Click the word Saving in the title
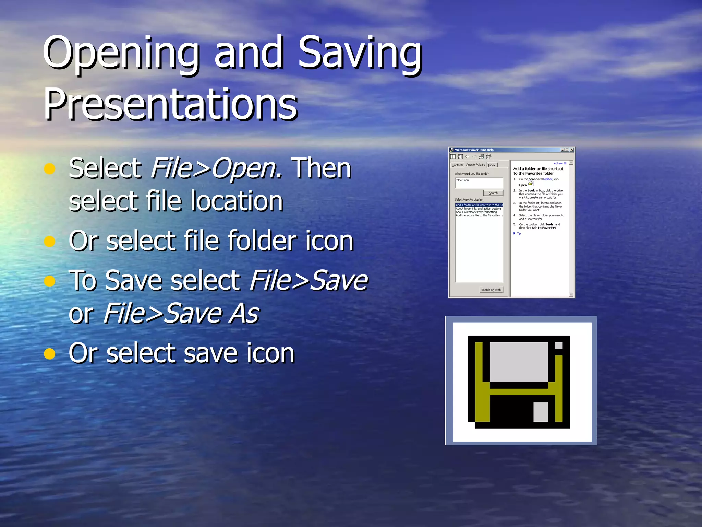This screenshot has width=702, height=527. coord(360,53)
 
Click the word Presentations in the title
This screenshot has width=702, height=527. coord(171,104)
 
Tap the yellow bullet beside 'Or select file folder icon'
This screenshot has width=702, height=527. coord(50,241)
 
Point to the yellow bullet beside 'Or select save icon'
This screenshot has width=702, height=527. coord(50,353)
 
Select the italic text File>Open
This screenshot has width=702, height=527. coord(216,168)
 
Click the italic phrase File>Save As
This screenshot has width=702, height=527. coord(181,313)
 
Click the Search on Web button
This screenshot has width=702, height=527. coord(491,290)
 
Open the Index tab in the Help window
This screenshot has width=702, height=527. coord(492,165)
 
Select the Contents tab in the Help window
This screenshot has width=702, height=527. coord(457,165)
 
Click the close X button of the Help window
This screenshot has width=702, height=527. coord(572,150)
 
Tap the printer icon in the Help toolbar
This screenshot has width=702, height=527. coord(481,157)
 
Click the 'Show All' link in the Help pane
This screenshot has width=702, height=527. coord(561,164)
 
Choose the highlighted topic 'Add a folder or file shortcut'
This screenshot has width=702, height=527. coord(479,205)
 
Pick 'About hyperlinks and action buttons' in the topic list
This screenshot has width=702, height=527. coord(479,209)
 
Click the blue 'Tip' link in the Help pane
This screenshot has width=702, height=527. coord(519,234)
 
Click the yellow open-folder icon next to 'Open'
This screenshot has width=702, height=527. coord(530,184)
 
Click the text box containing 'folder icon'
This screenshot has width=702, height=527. coord(479,183)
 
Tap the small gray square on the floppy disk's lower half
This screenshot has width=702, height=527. coord(541,411)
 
